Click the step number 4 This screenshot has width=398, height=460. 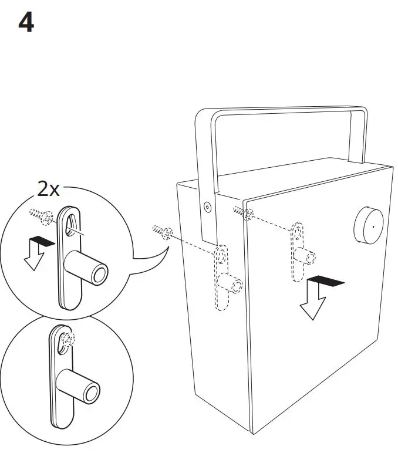26,23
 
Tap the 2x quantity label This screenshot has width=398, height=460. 48,189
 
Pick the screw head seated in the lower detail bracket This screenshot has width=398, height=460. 66,339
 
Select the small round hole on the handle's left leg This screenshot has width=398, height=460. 207,206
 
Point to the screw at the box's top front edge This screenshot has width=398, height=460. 242,212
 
